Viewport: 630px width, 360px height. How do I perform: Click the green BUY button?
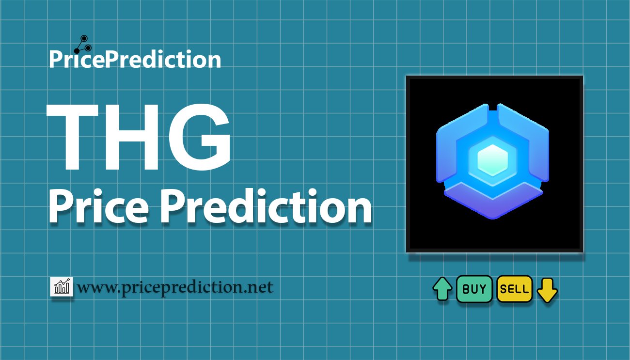tap(474, 289)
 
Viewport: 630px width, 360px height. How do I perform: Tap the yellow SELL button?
tap(515, 289)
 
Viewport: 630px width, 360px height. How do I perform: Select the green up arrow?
tap(442, 289)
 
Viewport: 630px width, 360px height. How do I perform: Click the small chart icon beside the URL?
tap(62, 286)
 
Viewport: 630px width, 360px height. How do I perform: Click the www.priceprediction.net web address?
tap(175, 287)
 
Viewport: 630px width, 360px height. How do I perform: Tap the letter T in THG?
tap(73, 137)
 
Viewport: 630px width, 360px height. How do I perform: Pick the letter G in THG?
tap(200, 137)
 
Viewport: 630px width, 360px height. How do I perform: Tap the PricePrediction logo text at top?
tap(135, 59)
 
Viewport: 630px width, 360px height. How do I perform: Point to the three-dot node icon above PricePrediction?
tap(83, 45)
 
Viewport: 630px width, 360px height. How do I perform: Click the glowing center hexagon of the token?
tap(492, 160)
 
